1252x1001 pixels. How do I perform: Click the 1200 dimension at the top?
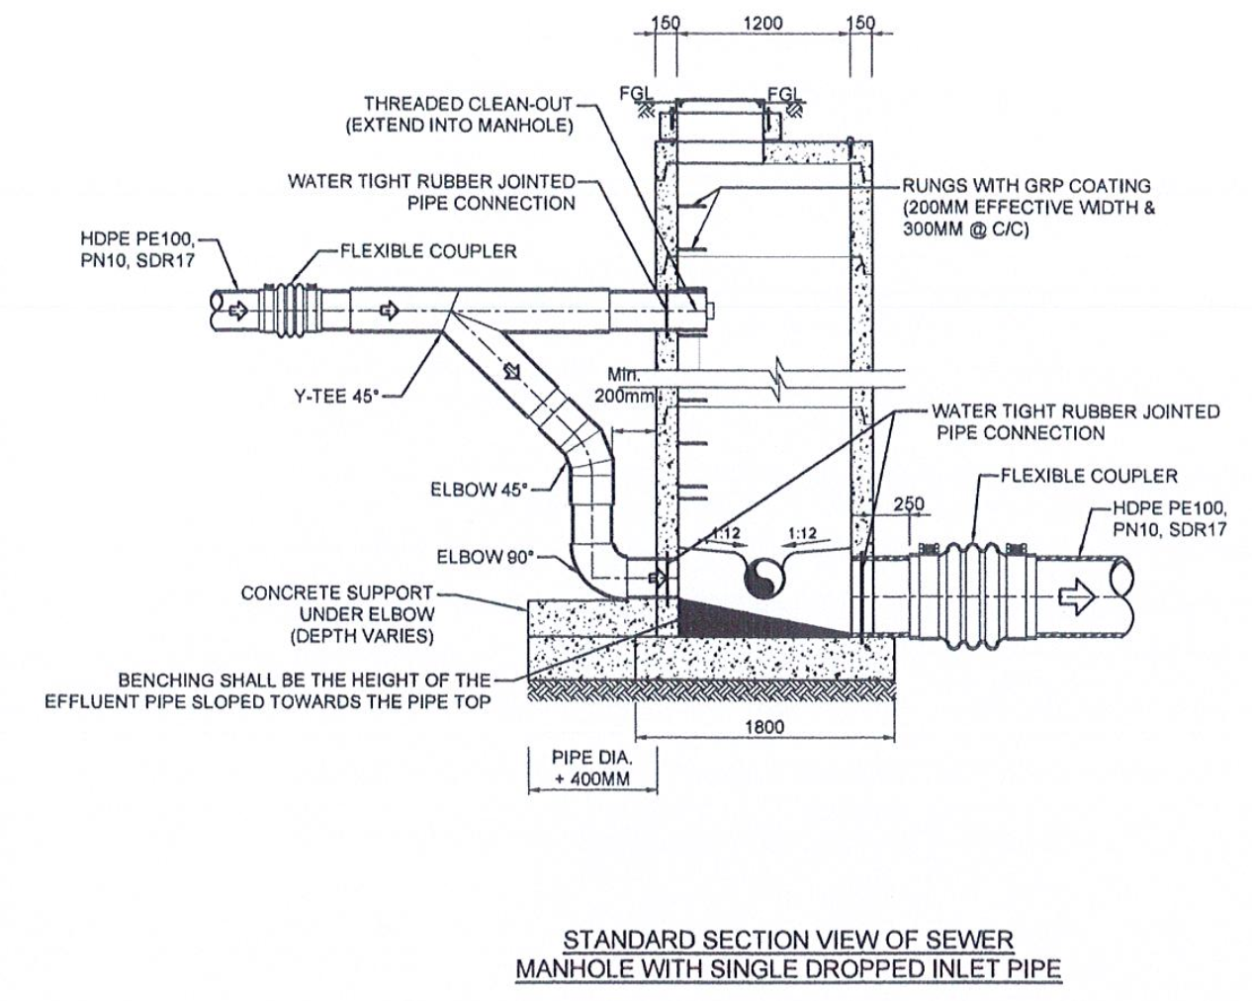click(x=762, y=24)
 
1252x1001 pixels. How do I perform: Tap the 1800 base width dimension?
click(x=764, y=727)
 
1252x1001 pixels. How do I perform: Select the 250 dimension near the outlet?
click(x=908, y=504)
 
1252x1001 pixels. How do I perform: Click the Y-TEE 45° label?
click(x=336, y=397)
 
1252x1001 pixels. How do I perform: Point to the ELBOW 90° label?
click(x=486, y=557)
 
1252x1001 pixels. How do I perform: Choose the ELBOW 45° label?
click(x=479, y=490)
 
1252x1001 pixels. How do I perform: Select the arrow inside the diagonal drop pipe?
click(x=512, y=370)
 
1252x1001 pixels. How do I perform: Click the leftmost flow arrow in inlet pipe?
click(x=238, y=311)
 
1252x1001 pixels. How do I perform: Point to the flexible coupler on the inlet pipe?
click(x=290, y=311)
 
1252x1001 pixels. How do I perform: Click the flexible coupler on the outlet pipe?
click(x=973, y=595)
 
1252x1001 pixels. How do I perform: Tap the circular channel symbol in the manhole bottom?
click(x=764, y=578)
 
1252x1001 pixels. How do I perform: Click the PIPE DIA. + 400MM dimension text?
click(x=592, y=769)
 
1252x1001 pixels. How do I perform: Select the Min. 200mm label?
click(x=624, y=386)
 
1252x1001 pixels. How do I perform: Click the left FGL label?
click(x=636, y=93)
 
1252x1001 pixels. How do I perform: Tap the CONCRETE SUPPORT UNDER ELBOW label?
click(x=337, y=614)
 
